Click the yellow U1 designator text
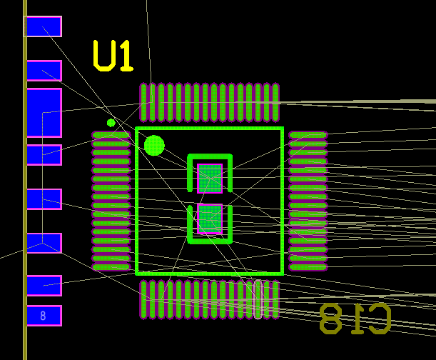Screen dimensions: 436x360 click(113, 56)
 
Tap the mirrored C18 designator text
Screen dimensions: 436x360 click(355, 319)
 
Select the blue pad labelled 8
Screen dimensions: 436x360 click(44, 316)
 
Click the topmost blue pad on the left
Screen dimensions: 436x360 click(44, 26)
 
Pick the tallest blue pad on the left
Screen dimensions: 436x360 click(44, 113)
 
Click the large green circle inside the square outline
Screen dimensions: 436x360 click(154, 145)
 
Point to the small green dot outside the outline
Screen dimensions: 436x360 click(111, 123)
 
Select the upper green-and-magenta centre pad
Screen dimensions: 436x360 click(210, 179)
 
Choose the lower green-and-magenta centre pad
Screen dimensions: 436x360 click(210, 219)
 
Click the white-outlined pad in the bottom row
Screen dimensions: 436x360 click(258, 299)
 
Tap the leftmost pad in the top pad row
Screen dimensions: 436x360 click(143, 103)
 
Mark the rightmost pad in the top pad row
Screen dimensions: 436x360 click(275, 103)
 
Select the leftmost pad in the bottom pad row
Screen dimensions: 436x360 click(143, 299)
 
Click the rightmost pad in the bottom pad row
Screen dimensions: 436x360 click(275, 299)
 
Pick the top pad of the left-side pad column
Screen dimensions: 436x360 click(111, 135)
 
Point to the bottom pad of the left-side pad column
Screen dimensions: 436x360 click(111, 267)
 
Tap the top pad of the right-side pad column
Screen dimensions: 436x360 click(308, 135)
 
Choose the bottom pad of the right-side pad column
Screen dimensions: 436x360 click(308, 267)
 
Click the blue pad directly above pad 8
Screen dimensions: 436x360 click(44, 286)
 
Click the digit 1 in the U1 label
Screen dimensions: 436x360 click(126, 56)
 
